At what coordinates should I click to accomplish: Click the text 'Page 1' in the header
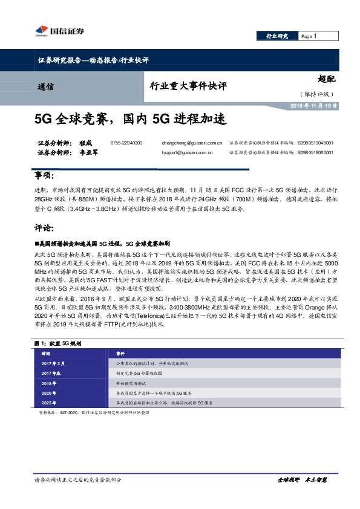309,36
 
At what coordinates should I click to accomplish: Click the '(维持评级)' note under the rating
316,94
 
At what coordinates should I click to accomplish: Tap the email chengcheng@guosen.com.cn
193,143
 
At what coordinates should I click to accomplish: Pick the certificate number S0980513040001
315,143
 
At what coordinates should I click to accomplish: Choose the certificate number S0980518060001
315,154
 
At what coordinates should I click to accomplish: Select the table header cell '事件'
120,352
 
